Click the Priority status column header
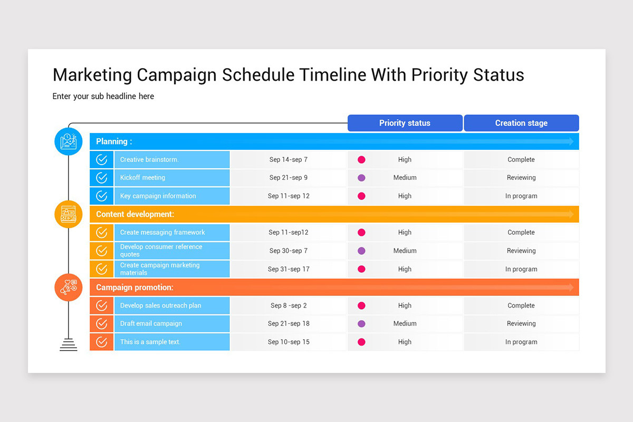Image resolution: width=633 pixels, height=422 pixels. pyautogui.click(x=405, y=123)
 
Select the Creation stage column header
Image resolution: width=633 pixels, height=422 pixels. pyautogui.click(x=521, y=123)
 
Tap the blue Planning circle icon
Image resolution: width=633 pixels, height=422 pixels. pyautogui.click(x=69, y=141)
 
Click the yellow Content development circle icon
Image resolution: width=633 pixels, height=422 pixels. pyautogui.click(x=69, y=214)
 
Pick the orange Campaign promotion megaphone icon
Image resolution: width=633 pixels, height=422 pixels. pyautogui.click(x=69, y=287)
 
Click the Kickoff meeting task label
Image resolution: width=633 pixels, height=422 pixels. pyautogui.click(x=142, y=178)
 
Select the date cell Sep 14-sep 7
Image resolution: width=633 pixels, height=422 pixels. pyautogui.click(x=289, y=160)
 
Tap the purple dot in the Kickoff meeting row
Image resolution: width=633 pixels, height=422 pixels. pyautogui.click(x=361, y=178)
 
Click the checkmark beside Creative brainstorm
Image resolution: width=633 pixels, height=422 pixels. pyautogui.click(x=102, y=160)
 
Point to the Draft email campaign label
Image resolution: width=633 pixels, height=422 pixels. pyautogui.click(x=151, y=324)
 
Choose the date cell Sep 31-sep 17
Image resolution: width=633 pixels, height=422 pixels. pyautogui.click(x=289, y=269)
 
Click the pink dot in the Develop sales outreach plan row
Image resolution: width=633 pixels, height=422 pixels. pyautogui.click(x=361, y=305)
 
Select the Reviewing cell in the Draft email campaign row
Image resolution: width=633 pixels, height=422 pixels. pyautogui.click(x=521, y=324)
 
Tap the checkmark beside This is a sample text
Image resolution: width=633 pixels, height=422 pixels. pyautogui.click(x=102, y=342)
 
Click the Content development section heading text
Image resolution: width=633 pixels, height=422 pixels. pyautogui.click(x=135, y=214)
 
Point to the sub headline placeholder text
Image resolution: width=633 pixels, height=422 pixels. pyautogui.click(x=103, y=97)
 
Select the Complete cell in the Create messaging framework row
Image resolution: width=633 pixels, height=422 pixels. pyautogui.click(x=521, y=233)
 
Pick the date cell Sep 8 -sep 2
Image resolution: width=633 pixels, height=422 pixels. pyautogui.click(x=289, y=305)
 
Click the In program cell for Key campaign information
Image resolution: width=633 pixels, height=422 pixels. pyautogui.click(x=521, y=196)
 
